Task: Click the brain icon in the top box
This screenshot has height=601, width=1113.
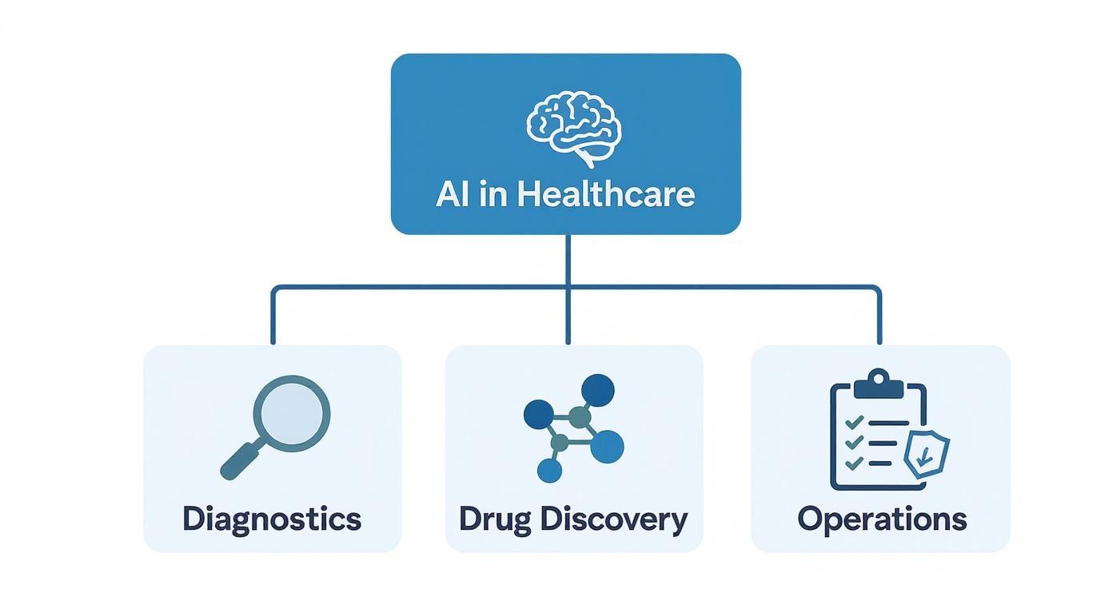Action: pos(574,128)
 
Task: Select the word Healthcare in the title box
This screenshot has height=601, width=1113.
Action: pos(606,194)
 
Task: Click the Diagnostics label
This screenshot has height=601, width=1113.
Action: pos(272,519)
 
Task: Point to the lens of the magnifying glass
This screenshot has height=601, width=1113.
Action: pos(292,413)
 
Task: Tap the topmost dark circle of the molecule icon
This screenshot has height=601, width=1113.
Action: pos(597,391)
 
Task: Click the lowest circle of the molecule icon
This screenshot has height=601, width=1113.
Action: pos(550,471)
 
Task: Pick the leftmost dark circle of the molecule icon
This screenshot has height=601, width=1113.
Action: pos(537,413)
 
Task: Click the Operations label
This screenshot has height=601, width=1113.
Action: pos(882,519)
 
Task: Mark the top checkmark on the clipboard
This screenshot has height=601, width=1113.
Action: pos(854,422)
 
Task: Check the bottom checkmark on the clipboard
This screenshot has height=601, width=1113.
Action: pos(854,462)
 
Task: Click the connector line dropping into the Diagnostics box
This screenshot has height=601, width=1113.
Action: pos(273,316)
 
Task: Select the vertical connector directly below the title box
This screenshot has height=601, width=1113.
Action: pos(568,260)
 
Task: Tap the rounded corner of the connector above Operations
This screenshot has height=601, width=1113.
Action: pos(876,289)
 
